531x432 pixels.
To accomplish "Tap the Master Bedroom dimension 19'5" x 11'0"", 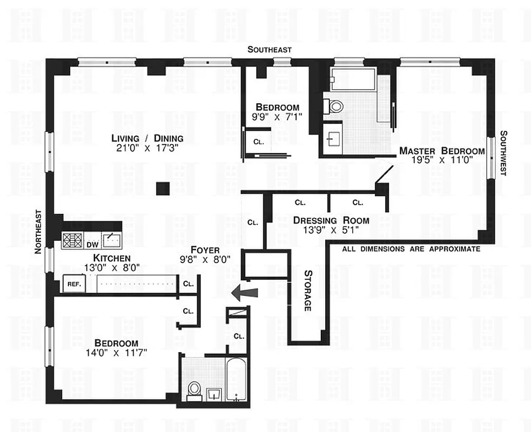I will click(x=441, y=160).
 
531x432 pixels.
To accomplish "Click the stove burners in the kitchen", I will click(x=71, y=240).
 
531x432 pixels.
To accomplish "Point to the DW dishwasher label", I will click(x=93, y=244).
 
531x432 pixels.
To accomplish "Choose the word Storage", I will click(x=307, y=290).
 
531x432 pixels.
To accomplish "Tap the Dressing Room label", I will click(x=331, y=220).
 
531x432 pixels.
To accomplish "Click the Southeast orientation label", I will click(x=270, y=50).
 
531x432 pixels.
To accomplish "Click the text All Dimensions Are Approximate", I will click(x=411, y=249).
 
